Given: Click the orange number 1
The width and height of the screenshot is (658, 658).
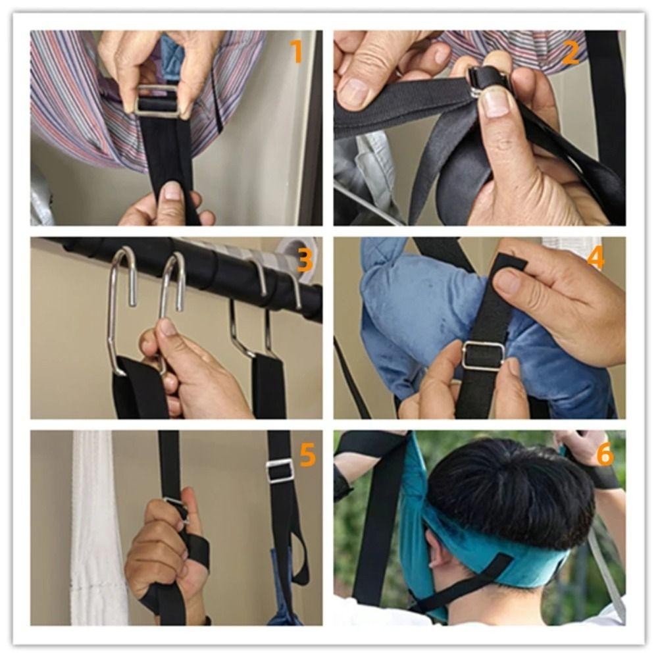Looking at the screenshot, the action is pyautogui.click(x=296, y=51).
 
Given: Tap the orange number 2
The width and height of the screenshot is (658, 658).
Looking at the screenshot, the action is pyautogui.click(x=570, y=54).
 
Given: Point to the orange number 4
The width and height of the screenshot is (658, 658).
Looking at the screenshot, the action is pyautogui.click(x=595, y=257).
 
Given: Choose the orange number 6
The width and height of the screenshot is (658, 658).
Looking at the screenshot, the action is pyautogui.click(x=605, y=455).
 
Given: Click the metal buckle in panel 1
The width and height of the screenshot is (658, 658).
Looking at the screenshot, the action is pyautogui.click(x=158, y=101).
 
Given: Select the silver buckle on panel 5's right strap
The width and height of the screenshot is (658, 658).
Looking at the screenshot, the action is pyautogui.click(x=280, y=471).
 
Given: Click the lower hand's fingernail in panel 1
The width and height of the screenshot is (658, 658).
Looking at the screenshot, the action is pyautogui.click(x=172, y=190).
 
